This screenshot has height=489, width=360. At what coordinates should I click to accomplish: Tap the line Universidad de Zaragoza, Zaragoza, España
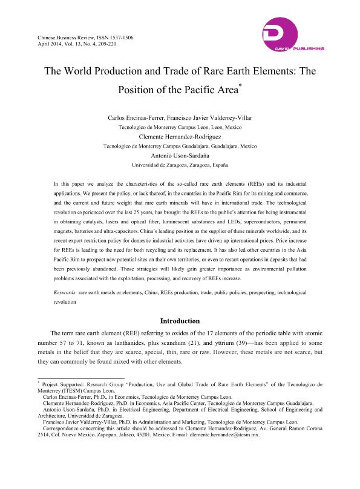point(180,164)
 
